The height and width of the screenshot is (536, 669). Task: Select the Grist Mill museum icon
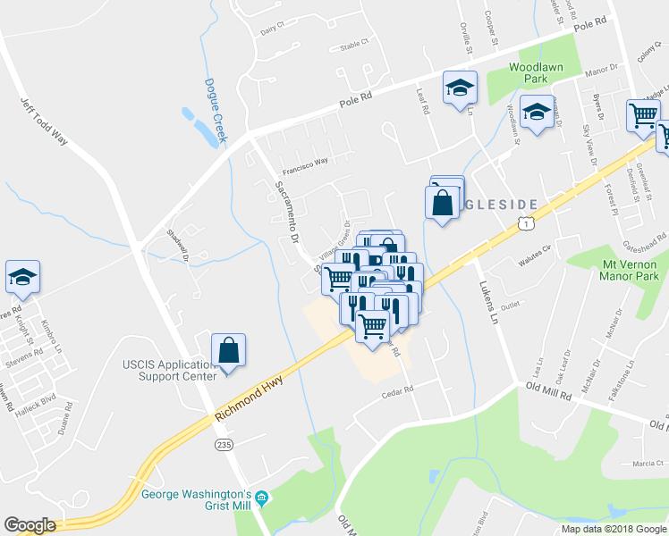(261, 498)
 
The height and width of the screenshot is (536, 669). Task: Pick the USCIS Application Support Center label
(169, 370)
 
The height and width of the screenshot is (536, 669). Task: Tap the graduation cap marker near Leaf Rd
(460, 88)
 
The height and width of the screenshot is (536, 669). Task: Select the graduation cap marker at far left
(22, 277)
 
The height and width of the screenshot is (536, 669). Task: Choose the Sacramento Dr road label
(285, 213)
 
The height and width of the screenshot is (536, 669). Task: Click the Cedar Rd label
(398, 390)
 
